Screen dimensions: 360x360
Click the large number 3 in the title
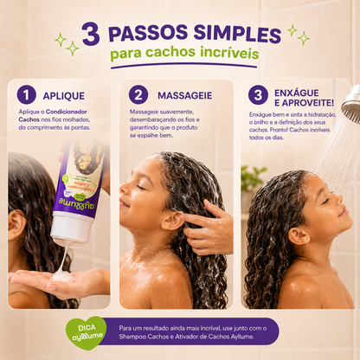(x=91, y=34)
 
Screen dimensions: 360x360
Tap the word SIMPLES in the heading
(x=237, y=34)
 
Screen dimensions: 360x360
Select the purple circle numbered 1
(x=26, y=94)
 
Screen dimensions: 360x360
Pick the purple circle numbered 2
(x=138, y=94)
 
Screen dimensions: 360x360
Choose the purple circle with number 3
(x=258, y=94)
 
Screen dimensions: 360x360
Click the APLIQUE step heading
(x=64, y=96)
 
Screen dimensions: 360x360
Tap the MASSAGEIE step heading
(x=185, y=95)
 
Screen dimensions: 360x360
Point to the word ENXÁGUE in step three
(x=297, y=93)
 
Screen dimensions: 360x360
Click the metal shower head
(x=352, y=104)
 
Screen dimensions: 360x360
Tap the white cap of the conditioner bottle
(x=72, y=227)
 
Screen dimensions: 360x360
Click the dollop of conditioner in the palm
(x=62, y=276)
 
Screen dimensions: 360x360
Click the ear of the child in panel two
(x=172, y=221)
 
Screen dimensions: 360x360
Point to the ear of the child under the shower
(x=299, y=236)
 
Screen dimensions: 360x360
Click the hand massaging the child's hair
(x=209, y=228)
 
